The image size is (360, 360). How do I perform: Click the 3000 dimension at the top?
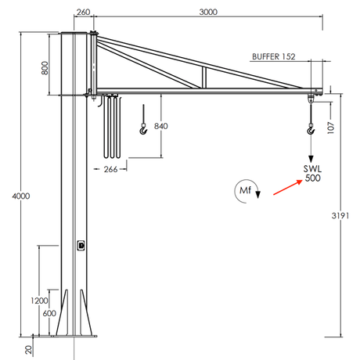click(208, 13)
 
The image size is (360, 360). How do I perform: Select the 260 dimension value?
click(84, 13)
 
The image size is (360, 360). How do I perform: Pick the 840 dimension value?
click(160, 126)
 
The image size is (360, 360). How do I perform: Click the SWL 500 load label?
click(312, 173)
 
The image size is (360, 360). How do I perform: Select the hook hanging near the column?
click(143, 131)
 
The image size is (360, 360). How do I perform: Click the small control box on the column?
click(81, 245)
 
